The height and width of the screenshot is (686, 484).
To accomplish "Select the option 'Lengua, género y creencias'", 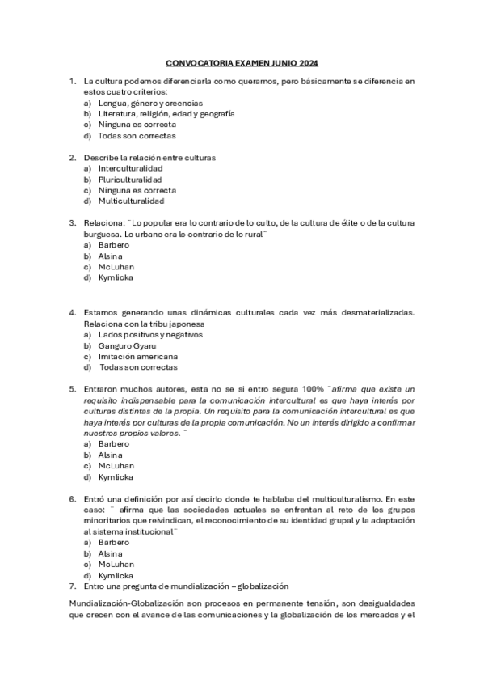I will [150, 104].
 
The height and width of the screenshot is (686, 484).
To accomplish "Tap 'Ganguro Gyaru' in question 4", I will [127, 345].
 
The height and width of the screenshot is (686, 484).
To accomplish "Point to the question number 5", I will [72, 389].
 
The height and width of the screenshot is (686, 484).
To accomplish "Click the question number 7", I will [72, 585].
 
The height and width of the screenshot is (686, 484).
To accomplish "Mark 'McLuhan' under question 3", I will [116, 266].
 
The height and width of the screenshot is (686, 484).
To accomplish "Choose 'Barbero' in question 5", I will [114, 443].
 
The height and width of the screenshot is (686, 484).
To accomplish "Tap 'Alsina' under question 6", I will [112, 553].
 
